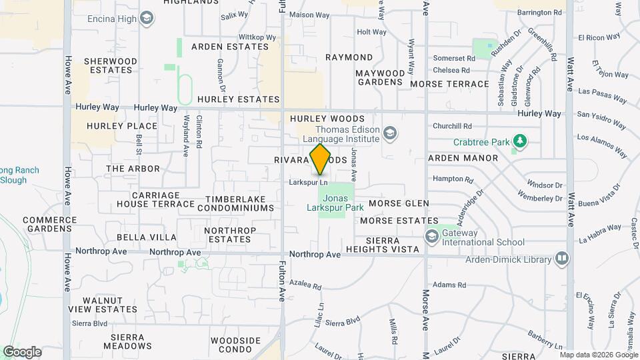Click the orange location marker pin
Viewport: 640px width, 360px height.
(321, 159)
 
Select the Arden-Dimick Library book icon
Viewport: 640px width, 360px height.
(562, 259)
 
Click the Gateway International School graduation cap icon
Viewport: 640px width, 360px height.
(432, 236)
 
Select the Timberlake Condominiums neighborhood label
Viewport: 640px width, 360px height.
(240, 203)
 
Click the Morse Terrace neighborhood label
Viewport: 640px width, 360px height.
(449, 84)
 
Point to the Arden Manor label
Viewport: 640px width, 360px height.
(463, 158)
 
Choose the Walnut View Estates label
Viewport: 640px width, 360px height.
(102, 305)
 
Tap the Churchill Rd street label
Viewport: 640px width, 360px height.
(452, 125)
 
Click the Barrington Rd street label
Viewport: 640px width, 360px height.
(540, 13)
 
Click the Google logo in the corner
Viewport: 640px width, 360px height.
(22, 352)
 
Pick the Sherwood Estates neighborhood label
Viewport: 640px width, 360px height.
(111, 65)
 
